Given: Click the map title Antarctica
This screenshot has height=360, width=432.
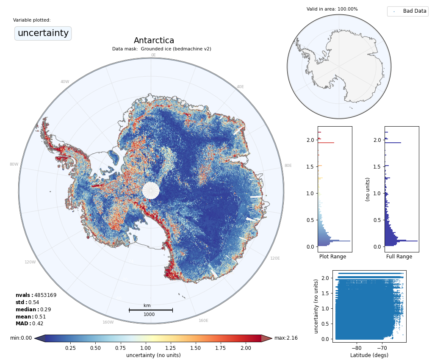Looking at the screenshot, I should [154, 41].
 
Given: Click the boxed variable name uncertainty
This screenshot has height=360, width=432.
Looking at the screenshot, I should [43, 33].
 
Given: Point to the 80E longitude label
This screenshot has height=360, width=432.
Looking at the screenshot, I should [288, 166].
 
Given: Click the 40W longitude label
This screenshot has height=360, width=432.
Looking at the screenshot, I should [64, 82].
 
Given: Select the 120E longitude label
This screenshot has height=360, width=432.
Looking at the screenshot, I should [275, 258].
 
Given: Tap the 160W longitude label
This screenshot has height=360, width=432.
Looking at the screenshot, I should [108, 322].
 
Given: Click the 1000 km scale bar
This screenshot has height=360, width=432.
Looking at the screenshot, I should [150, 310].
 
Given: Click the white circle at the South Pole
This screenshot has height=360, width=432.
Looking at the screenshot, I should [151, 191].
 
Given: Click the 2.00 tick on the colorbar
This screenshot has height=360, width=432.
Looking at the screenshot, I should [245, 348].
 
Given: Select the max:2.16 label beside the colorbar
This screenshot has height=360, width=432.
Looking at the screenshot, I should [286, 338].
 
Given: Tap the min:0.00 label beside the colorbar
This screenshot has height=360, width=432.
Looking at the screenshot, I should [21, 338].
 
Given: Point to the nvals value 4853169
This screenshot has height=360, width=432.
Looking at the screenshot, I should [45, 295].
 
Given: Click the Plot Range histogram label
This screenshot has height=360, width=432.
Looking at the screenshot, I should [332, 257].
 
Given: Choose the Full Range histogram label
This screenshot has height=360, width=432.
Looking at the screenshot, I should [399, 257].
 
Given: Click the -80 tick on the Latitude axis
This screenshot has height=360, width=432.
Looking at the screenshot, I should [356, 348].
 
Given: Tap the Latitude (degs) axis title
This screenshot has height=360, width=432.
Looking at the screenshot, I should [369, 355].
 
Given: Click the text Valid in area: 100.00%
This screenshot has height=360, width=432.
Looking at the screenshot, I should [332, 9].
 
